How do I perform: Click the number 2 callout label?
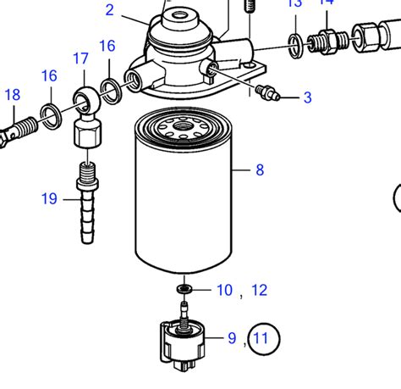[109, 10]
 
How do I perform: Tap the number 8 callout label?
[260, 170]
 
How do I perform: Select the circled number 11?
[262, 340]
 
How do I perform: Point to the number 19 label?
[49, 199]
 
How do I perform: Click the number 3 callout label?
[307, 97]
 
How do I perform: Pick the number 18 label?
[12, 94]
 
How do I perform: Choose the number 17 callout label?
[80, 58]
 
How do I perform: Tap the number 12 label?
[259, 291]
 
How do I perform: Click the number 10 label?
[224, 291]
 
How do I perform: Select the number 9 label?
[232, 339]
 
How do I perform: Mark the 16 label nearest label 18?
[49, 76]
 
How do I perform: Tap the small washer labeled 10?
[184, 290]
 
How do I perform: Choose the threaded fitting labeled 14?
[324, 39]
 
